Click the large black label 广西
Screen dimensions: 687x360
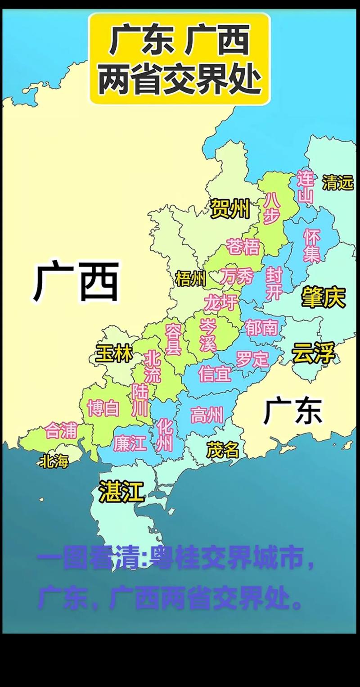[x=76, y=283]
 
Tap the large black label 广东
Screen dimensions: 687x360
[x=293, y=411]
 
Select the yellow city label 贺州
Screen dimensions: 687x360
[x=229, y=209]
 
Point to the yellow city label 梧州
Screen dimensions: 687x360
[x=191, y=280]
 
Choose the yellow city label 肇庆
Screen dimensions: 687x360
[x=323, y=297]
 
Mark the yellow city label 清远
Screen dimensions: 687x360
[x=337, y=182]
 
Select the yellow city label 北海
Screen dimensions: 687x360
[x=54, y=461]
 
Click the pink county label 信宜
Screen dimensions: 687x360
[x=215, y=374]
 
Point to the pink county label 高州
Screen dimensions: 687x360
[x=207, y=415]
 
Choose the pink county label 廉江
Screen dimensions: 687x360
[x=130, y=444]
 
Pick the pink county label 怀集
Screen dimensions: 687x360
[x=311, y=245]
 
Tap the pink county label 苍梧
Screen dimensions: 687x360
[x=243, y=247]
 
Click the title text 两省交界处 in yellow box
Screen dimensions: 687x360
[x=180, y=80]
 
